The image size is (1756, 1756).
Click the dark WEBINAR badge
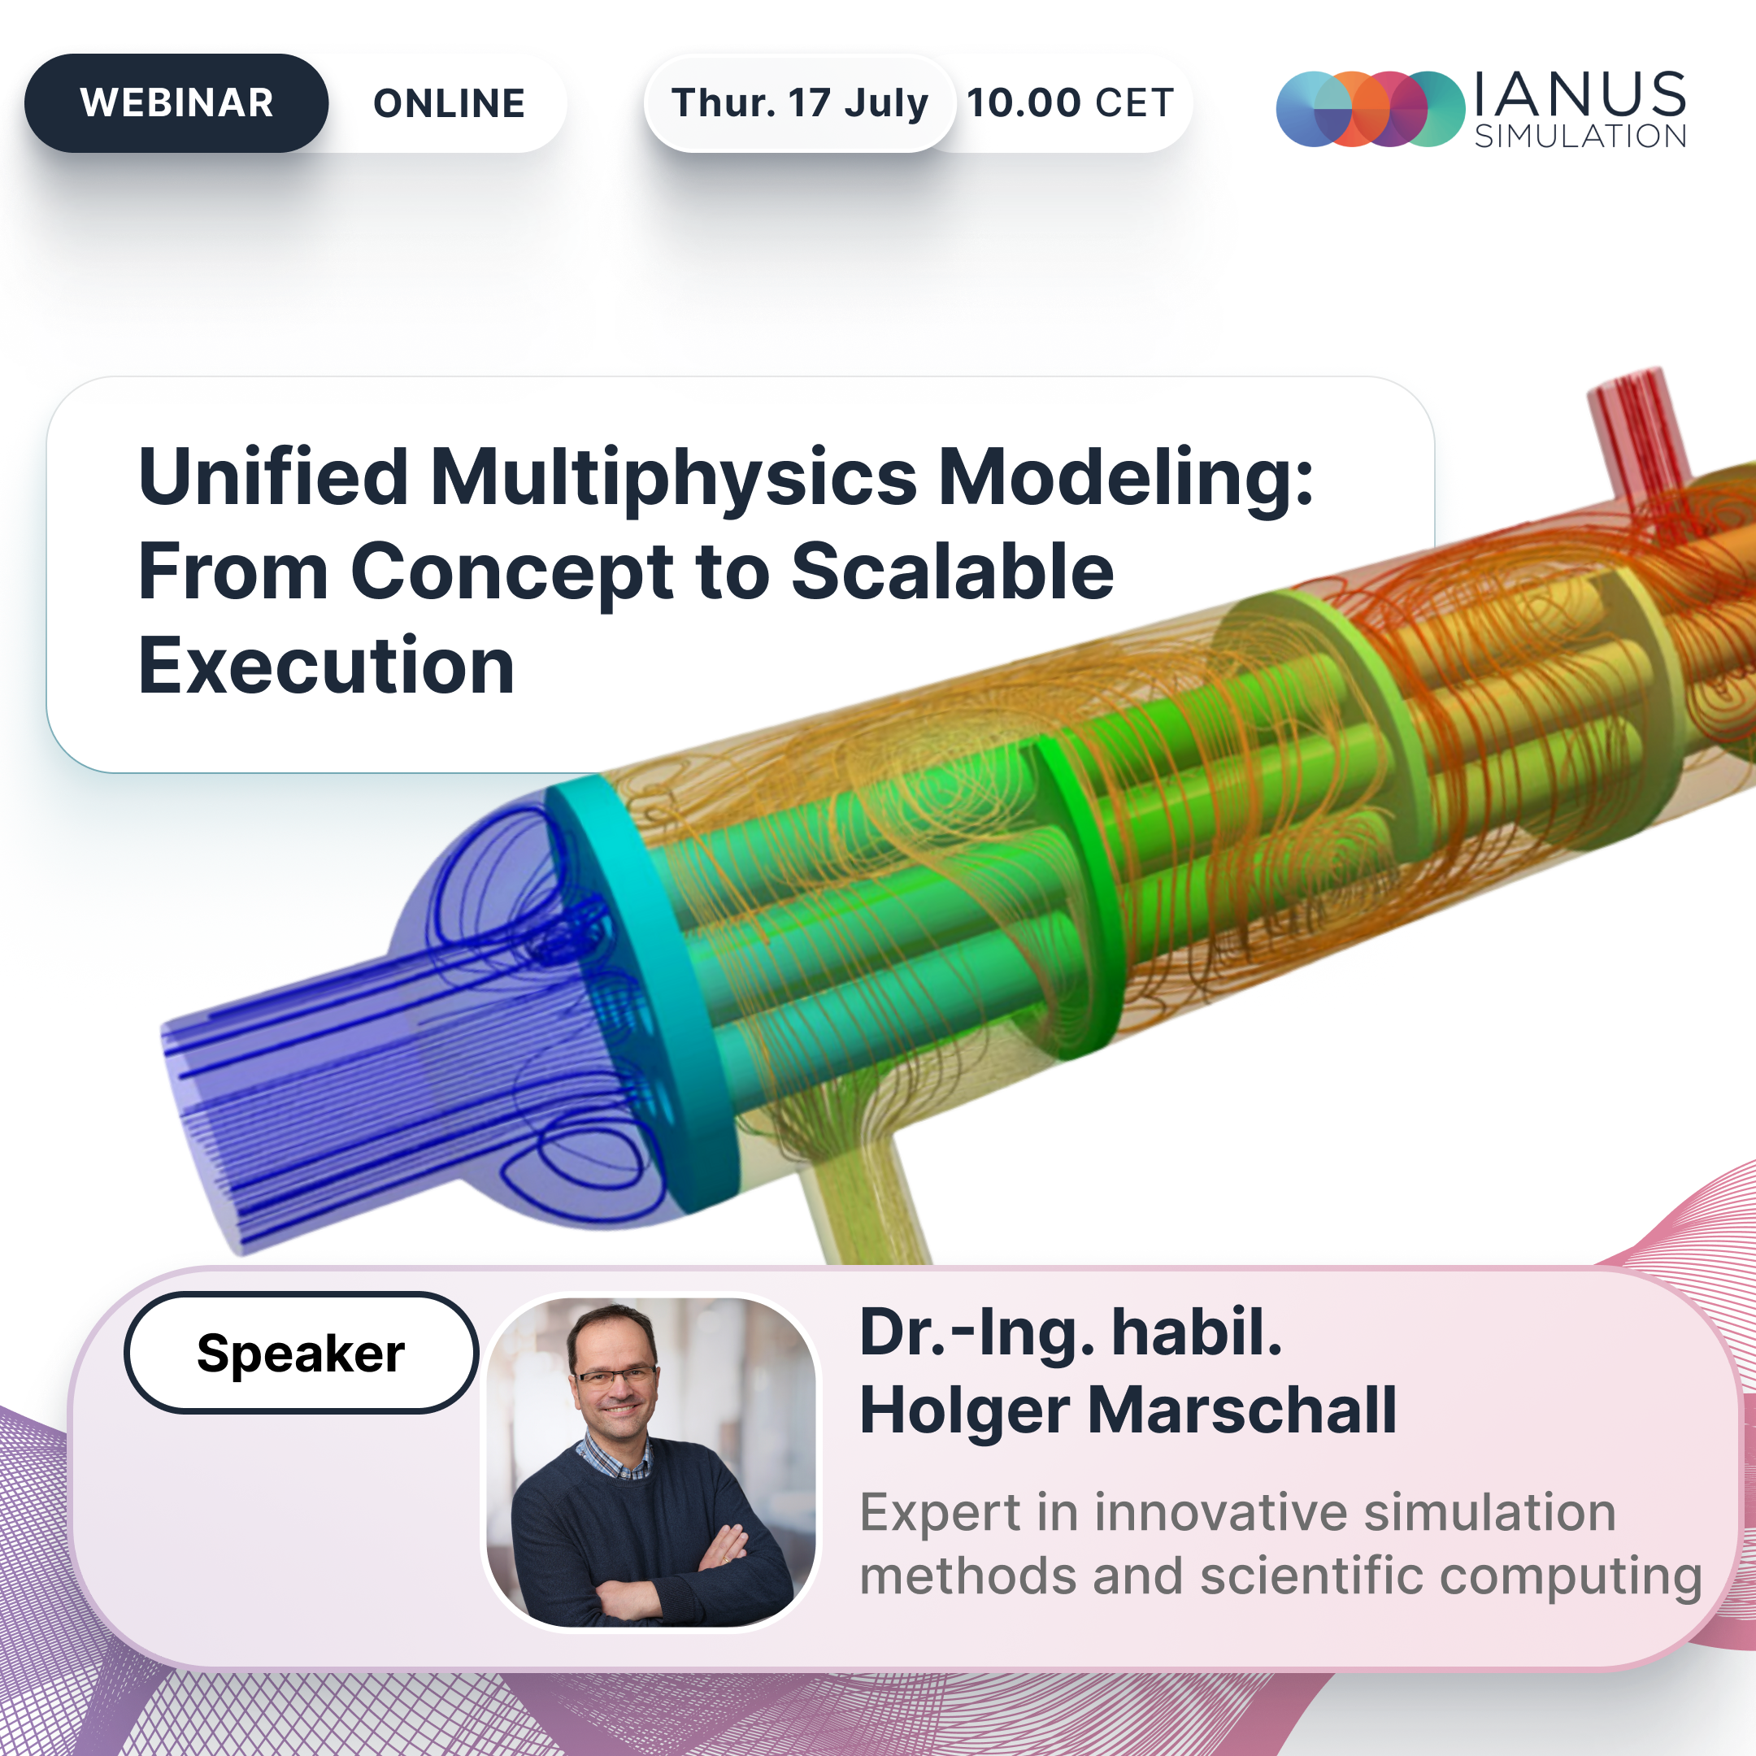[x=176, y=102]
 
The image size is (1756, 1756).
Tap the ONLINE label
[x=449, y=103]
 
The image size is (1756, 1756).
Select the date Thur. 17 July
[x=800, y=102]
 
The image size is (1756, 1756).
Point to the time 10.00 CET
[x=1070, y=102]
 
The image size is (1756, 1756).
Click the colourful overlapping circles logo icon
[x=1371, y=109]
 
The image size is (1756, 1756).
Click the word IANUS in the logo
[x=1580, y=94]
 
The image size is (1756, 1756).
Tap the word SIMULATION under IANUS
[x=1580, y=137]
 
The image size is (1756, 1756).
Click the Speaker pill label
[x=301, y=1353]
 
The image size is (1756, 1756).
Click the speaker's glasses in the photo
[x=615, y=1376]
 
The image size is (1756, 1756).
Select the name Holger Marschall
[x=1128, y=1410]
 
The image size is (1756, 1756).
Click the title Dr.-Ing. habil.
[x=1071, y=1333]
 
